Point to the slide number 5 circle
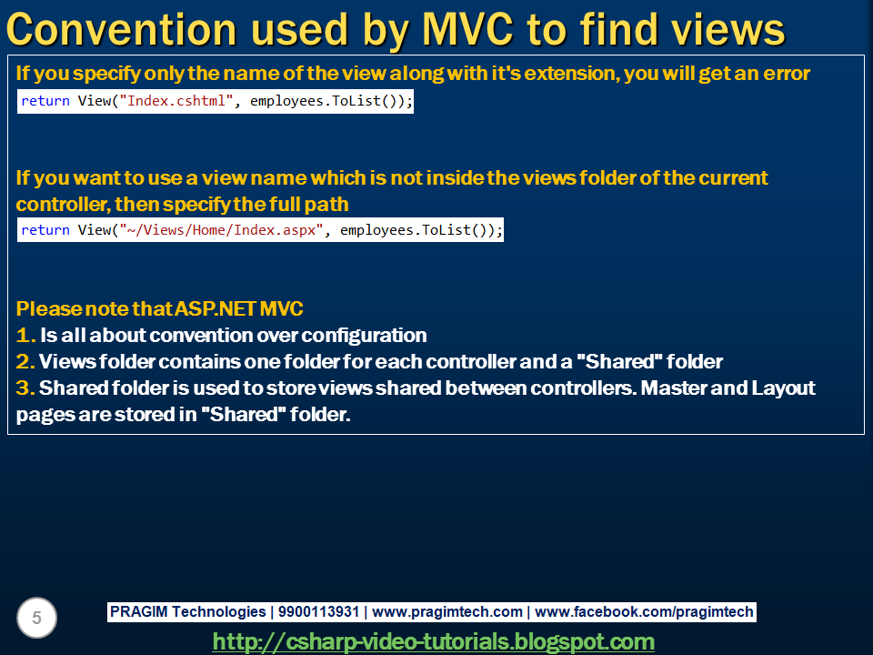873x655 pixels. [36, 619]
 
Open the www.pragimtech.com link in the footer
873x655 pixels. [447, 612]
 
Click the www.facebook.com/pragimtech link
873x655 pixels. [647, 612]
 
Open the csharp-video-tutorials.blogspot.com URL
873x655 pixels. [434, 641]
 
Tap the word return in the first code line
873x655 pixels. [45, 101]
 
